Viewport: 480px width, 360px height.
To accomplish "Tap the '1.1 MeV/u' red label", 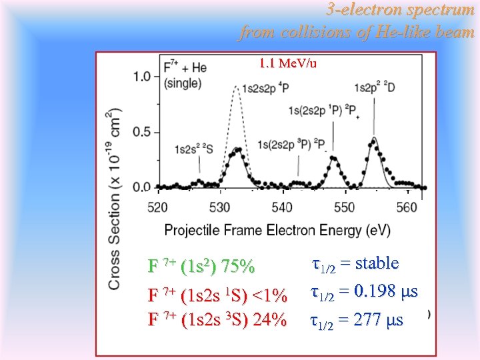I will pyautogui.click(x=288, y=64).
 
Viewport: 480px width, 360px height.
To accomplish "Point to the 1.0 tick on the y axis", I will pyautogui.click(x=141, y=76).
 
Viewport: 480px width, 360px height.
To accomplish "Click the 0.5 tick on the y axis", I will pyautogui.click(x=141, y=132).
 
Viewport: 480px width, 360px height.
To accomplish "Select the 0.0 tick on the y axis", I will pyautogui.click(x=141, y=187).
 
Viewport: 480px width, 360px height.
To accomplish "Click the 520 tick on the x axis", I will pyautogui.click(x=157, y=207).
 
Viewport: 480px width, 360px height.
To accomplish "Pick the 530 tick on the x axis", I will pyautogui.click(x=220, y=207).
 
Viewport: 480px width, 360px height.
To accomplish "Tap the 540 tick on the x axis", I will pyautogui.click(x=283, y=207).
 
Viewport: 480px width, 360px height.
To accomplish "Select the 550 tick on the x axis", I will pyautogui.click(x=345, y=207).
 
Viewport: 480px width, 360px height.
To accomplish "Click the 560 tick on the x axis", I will pyautogui.click(x=407, y=207).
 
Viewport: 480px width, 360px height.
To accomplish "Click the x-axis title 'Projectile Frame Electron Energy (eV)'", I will pyautogui.click(x=277, y=230).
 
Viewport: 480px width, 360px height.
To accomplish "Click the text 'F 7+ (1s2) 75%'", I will pyautogui.click(x=201, y=267).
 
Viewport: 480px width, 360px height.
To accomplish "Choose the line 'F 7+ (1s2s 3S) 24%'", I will pyautogui.click(x=217, y=319).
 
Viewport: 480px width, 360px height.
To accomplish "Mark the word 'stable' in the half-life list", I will pyautogui.click(x=377, y=263).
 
